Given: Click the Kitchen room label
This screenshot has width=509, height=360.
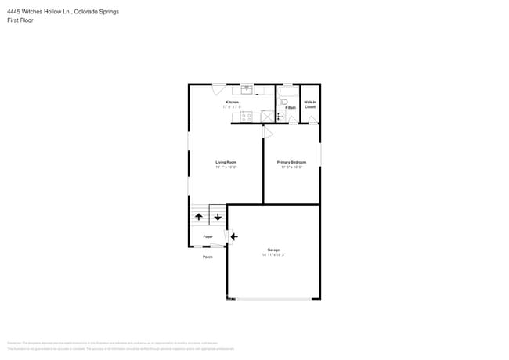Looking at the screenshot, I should click(x=233, y=103).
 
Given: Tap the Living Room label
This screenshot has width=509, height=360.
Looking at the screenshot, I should click(x=226, y=162).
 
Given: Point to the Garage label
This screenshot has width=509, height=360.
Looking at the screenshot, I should click(x=273, y=250).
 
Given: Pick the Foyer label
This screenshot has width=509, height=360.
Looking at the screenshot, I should click(x=208, y=236).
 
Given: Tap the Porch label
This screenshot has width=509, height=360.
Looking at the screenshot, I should click(x=208, y=257).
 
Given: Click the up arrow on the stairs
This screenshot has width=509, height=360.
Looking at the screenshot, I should click(x=198, y=217).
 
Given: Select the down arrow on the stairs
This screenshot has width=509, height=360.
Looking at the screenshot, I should click(x=217, y=217).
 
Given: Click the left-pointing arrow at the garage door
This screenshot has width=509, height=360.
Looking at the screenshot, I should click(x=233, y=236).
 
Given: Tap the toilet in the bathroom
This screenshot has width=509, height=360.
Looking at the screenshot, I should click(x=285, y=102).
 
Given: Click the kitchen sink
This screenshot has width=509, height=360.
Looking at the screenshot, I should click(x=246, y=89).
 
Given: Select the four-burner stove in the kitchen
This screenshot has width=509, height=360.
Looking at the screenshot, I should click(x=247, y=117).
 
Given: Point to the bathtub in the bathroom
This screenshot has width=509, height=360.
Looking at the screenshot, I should click(x=289, y=88).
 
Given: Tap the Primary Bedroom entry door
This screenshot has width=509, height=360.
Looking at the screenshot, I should click(x=267, y=131).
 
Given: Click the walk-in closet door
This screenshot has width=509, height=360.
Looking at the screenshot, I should click(x=312, y=119).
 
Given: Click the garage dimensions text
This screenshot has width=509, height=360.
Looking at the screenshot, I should click(x=273, y=255).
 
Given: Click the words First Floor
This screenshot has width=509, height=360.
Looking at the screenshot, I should click(x=17, y=20).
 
